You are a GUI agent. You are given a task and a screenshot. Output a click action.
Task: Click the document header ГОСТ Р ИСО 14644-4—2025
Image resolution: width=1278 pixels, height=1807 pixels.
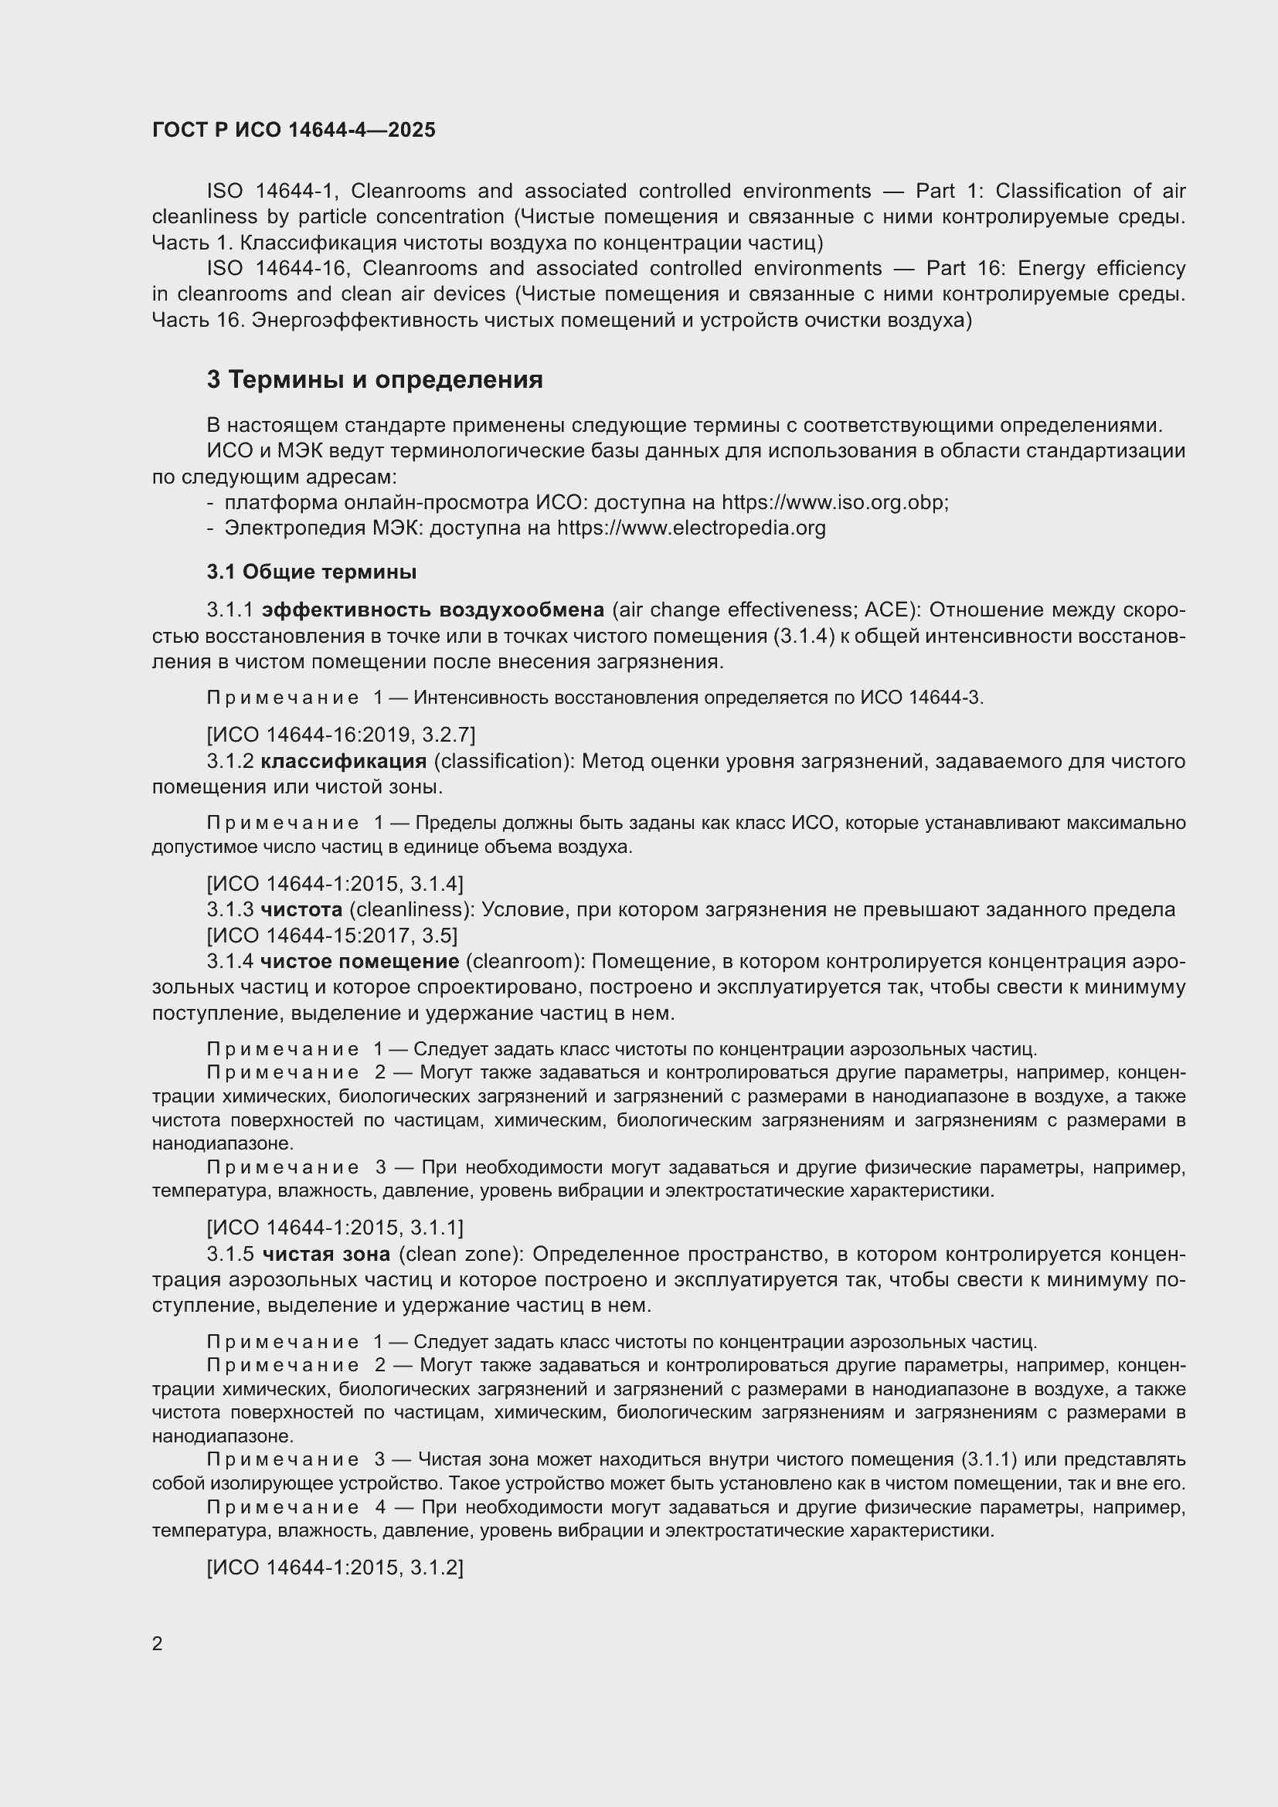[x=294, y=130]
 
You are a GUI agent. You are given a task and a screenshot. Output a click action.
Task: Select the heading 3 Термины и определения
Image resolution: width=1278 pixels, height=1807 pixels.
[x=375, y=380]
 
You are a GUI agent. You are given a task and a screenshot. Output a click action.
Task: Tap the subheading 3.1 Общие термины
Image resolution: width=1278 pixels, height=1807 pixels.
[x=311, y=572]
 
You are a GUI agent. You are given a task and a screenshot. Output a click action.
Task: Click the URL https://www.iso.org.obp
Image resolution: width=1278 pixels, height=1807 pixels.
[x=834, y=502]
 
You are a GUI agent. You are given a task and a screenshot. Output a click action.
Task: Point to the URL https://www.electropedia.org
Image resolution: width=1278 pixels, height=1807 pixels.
[x=691, y=528]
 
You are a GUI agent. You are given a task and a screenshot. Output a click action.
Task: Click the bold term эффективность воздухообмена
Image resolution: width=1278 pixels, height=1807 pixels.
[x=433, y=610]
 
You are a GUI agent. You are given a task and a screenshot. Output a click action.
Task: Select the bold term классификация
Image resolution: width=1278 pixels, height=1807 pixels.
[x=343, y=761]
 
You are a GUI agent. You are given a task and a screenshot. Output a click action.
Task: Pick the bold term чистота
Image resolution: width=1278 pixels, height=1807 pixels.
[x=301, y=910]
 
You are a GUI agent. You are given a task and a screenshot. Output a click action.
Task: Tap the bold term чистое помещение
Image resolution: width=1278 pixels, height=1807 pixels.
[x=359, y=961]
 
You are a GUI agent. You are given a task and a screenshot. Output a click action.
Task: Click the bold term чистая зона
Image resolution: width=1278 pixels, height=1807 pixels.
[x=326, y=1254]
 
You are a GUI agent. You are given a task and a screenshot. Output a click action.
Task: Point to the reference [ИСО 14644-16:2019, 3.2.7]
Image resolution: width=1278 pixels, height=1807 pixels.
[x=341, y=735]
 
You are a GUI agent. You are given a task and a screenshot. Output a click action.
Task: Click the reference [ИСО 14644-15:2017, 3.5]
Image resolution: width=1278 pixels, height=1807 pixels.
[x=332, y=936]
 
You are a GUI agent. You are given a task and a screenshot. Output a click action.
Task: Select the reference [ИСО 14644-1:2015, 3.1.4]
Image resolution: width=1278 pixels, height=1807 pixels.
[x=335, y=884]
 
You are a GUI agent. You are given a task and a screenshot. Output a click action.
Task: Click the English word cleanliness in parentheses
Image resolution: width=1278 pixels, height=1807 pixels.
[x=410, y=910]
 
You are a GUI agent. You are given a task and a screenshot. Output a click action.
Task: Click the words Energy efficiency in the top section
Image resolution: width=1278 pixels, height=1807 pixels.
[x=1101, y=268]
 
